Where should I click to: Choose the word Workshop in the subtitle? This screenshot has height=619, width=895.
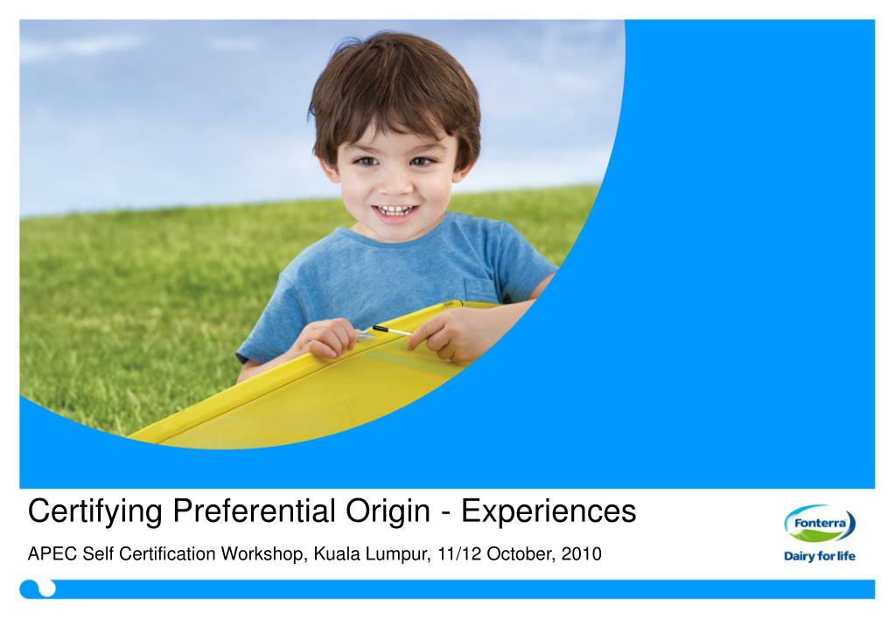coord(263,555)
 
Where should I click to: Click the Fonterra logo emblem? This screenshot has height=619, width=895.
coord(819,525)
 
